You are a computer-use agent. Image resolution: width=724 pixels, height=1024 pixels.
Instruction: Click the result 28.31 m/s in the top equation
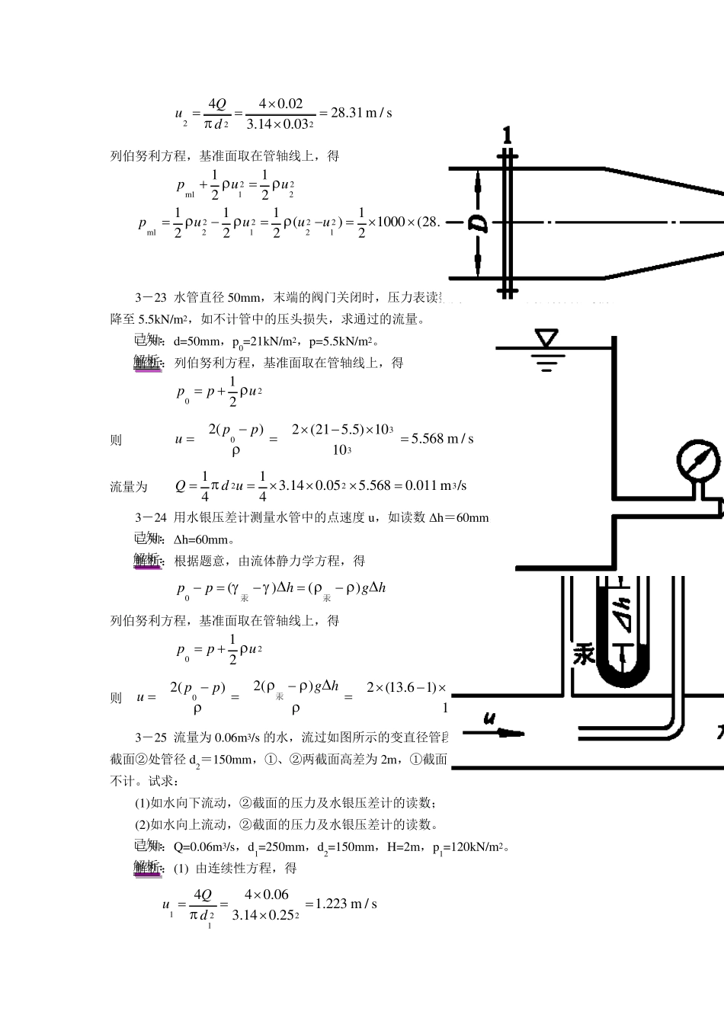(x=360, y=113)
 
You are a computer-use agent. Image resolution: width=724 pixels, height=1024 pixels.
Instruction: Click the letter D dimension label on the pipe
(x=477, y=223)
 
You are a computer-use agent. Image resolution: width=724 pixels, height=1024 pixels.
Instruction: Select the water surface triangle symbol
(x=546, y=338)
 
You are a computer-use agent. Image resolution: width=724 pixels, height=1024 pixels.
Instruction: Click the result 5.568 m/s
(x=442, y=439)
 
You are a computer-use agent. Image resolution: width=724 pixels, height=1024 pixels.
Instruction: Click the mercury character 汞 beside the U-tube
(x=584, y=654)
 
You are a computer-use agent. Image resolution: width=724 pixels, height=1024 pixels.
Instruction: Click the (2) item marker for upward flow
(x=142, y=824)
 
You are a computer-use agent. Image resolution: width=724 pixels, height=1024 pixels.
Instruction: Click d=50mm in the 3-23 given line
(x=198, y=341)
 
